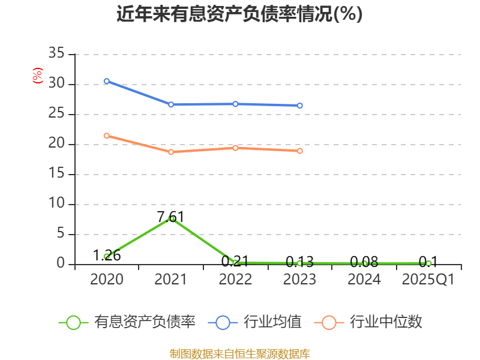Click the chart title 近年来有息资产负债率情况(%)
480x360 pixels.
(239, 14)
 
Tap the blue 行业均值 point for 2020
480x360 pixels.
(107, 81)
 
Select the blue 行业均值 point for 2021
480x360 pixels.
(171, 104)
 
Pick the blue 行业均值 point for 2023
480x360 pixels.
(300, 106)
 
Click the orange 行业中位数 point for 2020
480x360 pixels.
(107, 136)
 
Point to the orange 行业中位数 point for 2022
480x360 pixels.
(235, 148)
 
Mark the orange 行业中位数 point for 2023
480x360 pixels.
(300, 151)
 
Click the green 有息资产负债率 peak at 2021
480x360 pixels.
(171, 218)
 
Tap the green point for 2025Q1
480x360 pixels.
(428, 263)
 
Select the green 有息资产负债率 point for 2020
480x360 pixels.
(107, 256)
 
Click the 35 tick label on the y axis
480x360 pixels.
(56, 54)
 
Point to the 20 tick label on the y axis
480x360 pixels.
(56, 144)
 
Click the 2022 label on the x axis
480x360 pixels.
(235, 280)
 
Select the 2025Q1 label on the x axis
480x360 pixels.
(428, 280)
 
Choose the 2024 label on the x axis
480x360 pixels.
(364, 280)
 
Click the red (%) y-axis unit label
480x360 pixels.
(38, 76)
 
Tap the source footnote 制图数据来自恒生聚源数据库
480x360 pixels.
(239, 353)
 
